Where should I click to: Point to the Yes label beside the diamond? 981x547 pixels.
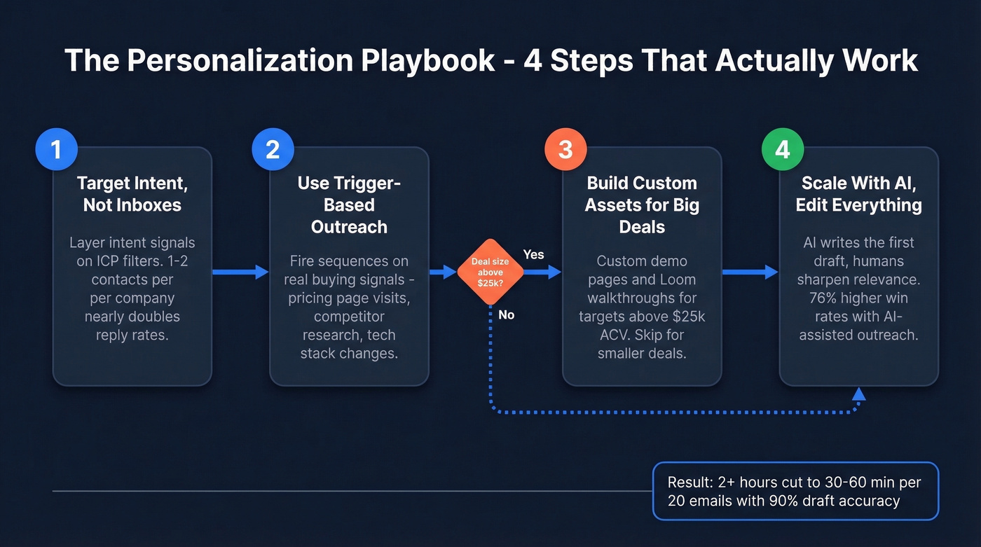click(x=533, y=254)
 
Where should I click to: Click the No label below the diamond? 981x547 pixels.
click(x=506, y=315)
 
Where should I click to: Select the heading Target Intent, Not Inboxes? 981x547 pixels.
click(x=132, y=194)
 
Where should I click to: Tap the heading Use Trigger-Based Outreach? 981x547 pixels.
click(x=348, y=205)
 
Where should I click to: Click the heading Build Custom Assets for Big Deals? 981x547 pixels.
click(x=642, y=205)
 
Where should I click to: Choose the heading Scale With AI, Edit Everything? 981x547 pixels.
click(x=858, y=194)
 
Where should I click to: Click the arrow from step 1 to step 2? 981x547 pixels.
click(x=240, y=272)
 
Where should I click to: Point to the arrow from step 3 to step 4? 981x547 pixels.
click(x=750, y=272)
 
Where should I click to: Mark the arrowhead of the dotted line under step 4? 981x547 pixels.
click(x=858, y=394)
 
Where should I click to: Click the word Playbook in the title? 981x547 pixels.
click(x=427, y=60)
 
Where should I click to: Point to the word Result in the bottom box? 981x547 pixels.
click(x=690, y=483)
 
